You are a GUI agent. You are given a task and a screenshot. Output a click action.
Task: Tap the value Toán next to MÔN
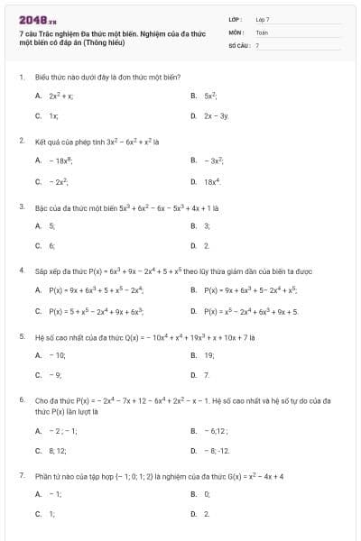click(262, 32)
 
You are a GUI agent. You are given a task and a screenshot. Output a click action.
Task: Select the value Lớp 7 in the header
click(263, 19)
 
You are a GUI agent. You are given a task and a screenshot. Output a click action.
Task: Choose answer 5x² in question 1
click(210, 95)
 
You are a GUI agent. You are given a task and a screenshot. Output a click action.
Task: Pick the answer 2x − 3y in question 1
click(216, 116)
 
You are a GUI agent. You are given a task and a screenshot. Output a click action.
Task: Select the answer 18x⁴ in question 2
click(212, 182)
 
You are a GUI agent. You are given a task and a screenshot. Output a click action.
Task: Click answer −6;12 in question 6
click(215, 431)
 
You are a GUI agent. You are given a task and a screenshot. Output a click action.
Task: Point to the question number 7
click(21, 475)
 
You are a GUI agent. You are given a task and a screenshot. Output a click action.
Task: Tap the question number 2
click(21, 141)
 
